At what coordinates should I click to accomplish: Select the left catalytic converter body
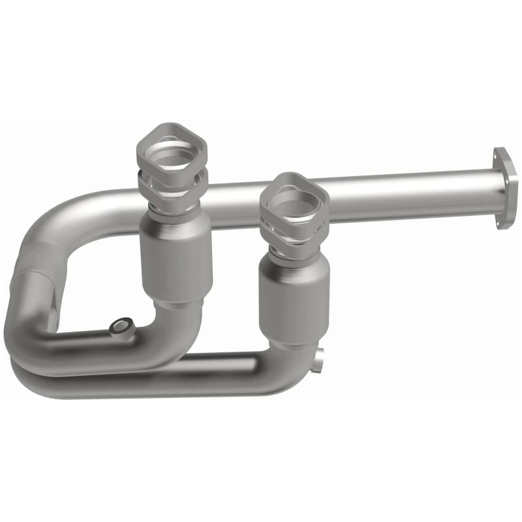[175, 258]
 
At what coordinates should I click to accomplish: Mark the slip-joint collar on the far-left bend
[39, 294]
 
